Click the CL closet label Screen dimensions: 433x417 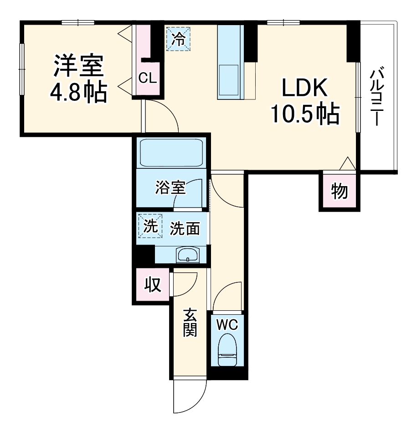click(x=147, y=78)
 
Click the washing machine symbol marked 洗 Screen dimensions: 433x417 click(x=150, y=226)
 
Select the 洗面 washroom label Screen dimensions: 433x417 click(x=185, y=229)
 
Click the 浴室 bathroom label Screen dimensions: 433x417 click(x=170, y=188)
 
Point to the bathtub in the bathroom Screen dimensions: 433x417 click(x=171, y=153)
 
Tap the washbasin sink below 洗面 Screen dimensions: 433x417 click(x=187, y=255)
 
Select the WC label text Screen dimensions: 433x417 click(x=227, y=325)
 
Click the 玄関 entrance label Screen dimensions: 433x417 click(x=190, y=323)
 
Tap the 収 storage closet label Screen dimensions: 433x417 click(x=153, y=285)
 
